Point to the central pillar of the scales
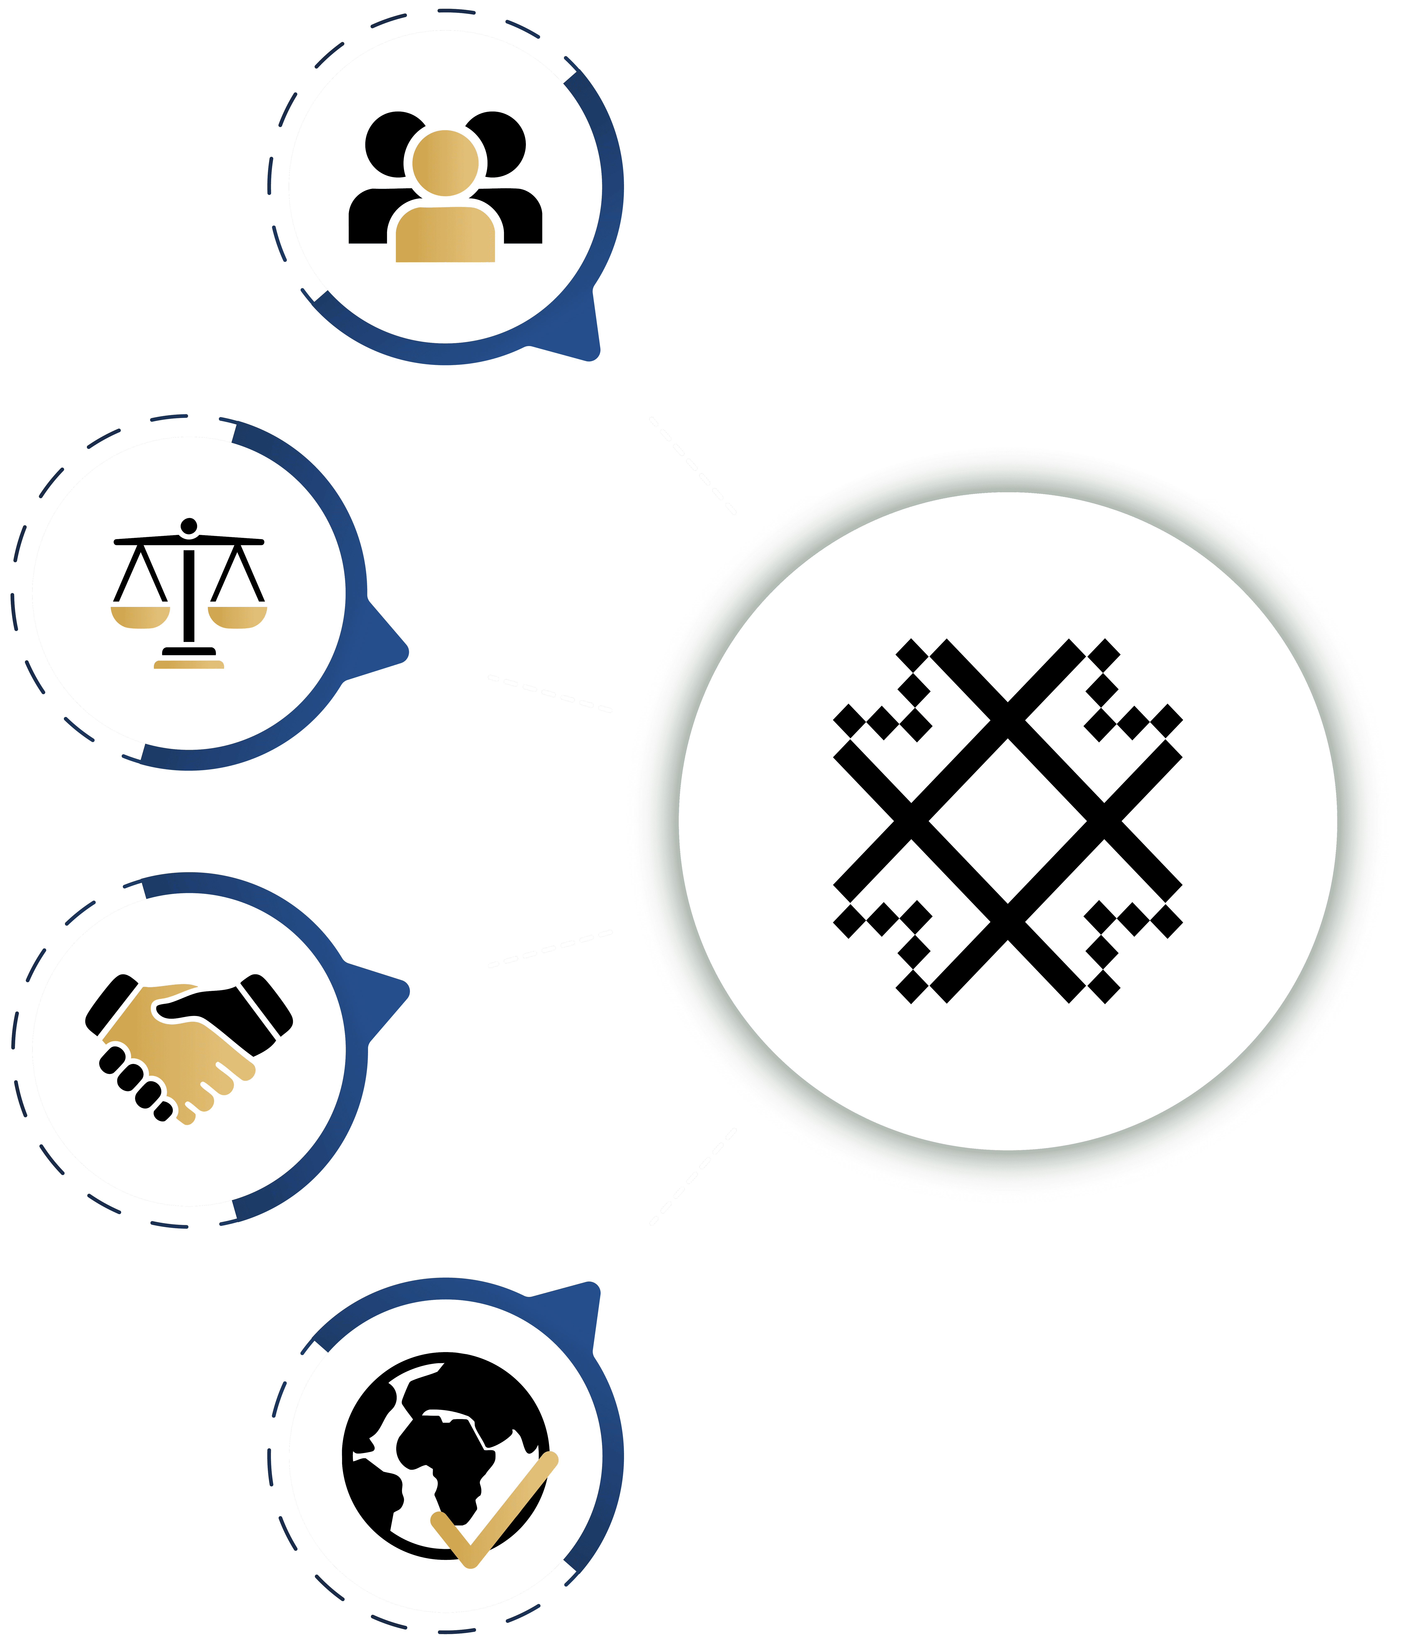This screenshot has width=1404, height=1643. coord(189,595)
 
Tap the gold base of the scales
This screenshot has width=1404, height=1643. coord(189,665)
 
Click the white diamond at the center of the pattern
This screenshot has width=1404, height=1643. coord(1007,821)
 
